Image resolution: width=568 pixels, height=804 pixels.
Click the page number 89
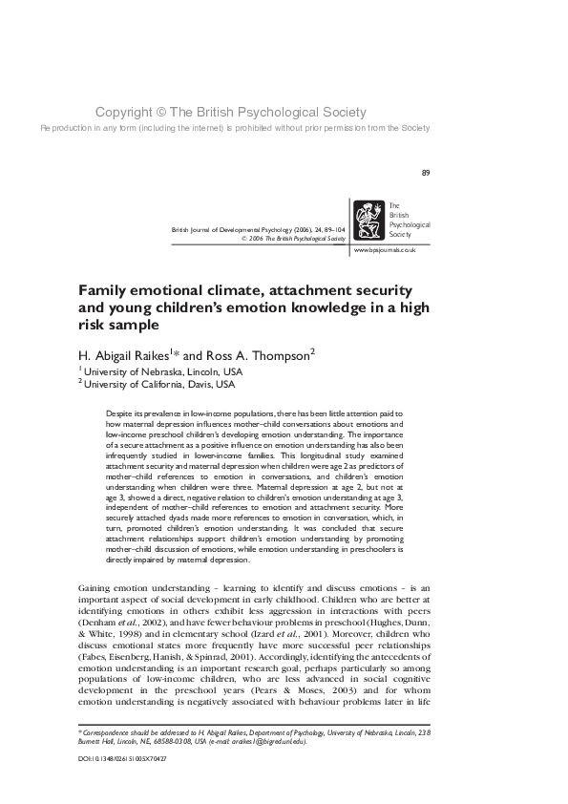pos(426,173)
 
